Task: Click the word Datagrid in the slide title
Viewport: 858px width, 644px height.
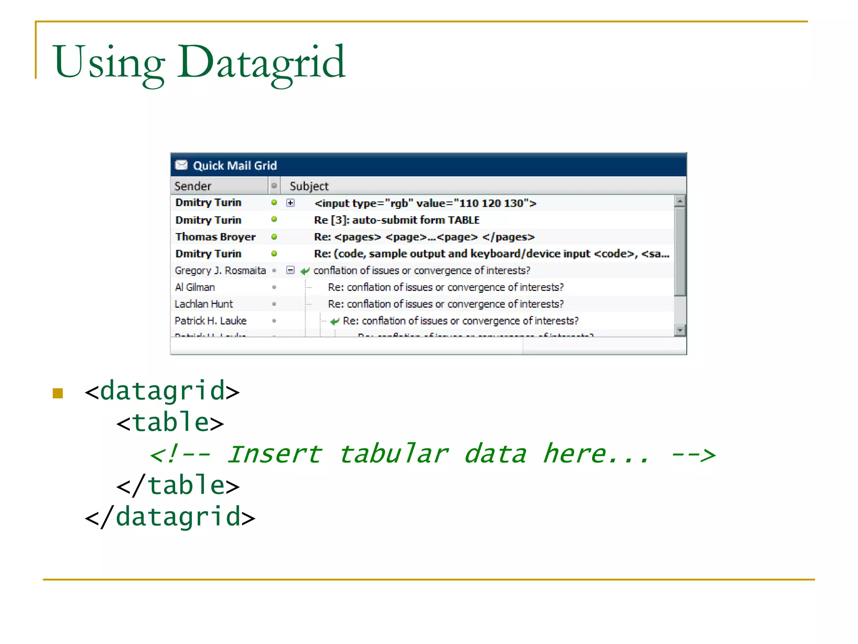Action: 261,63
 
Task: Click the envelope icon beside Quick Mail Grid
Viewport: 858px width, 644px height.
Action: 181,165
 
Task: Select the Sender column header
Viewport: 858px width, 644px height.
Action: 193,186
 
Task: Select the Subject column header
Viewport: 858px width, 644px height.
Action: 309,186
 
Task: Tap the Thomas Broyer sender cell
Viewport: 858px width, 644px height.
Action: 215,237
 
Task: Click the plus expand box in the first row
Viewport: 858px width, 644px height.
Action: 290,203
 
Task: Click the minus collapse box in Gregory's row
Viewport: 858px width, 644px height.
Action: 290,270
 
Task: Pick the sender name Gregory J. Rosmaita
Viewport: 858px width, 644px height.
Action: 220,270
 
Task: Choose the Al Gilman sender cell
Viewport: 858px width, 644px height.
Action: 195,287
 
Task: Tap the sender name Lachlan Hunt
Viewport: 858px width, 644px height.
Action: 204,304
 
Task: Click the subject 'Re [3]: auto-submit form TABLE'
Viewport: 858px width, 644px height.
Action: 396,220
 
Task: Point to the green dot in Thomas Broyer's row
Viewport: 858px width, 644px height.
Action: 274,237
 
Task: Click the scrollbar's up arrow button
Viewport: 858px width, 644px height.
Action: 680,201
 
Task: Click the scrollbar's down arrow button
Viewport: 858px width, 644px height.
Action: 680,330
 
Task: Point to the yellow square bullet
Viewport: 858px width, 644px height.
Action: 58,393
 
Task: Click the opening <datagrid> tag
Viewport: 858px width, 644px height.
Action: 162,391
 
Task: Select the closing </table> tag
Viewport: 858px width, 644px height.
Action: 178,486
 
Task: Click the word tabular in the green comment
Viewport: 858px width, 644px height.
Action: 393,454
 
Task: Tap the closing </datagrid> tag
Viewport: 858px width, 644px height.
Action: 170,517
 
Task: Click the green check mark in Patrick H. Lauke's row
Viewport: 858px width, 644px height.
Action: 334,322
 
